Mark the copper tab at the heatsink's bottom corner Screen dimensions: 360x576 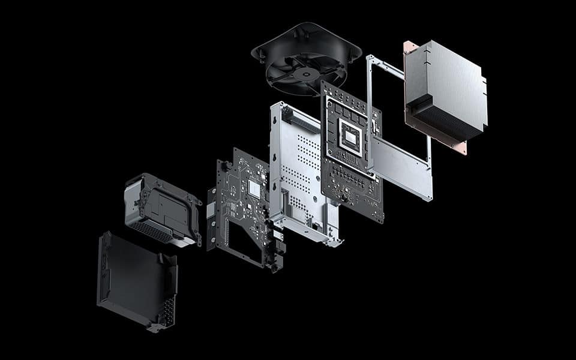pyautogui.click(x=461, y=148)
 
